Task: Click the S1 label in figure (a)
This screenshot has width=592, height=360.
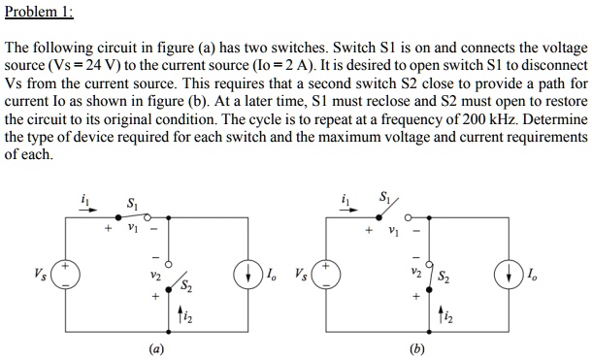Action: pyautogui.click(x=133, y=205)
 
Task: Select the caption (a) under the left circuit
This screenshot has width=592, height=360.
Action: pyautogui.click(x=155, y=347)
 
